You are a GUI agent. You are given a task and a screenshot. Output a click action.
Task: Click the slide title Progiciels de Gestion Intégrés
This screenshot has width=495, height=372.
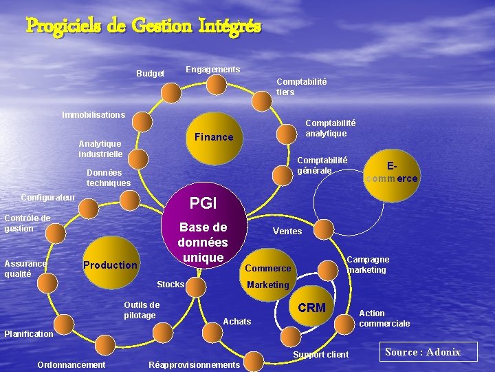tap(143, 26)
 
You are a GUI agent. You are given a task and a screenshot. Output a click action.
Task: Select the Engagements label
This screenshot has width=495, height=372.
tap(212, 70)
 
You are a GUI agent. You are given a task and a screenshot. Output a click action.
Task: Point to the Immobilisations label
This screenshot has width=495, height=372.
tap(93, 114)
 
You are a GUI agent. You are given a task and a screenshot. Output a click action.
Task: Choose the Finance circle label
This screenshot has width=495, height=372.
tap(214, 137)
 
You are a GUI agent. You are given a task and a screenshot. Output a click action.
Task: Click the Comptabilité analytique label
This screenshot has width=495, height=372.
tap(330, 128)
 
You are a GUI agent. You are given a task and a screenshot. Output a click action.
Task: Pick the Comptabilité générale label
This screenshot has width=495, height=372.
tap(322, 165)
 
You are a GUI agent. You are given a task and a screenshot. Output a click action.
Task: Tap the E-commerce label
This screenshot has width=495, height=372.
tap(392, 172)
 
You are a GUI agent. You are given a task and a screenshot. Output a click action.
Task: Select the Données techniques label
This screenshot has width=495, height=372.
tap(108, 178)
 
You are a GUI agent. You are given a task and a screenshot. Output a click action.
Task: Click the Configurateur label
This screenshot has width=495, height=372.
tap(49, 197)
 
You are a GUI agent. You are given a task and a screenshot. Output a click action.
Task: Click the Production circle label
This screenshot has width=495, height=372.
tap(110, 265)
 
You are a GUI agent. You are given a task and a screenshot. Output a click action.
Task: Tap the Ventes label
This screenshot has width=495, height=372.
tap(287, 231)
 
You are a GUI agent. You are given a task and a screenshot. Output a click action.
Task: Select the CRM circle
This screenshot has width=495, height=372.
tap(312, 307)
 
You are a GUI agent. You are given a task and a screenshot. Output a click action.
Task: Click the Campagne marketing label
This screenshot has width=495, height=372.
tap(368, 265)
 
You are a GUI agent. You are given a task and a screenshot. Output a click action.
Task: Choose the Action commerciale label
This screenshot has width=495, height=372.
tap(384, 318)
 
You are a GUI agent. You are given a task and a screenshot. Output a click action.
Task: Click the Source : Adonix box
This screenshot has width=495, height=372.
tap(423, 352)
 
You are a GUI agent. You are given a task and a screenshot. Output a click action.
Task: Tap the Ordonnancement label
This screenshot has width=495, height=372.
tap(71, 364)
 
